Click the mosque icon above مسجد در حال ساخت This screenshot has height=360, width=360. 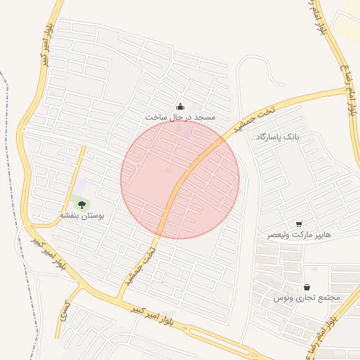(x=181, y=107)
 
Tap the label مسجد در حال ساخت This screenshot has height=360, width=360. (x=180, y=117)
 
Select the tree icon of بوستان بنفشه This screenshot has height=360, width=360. (x=82, y=205)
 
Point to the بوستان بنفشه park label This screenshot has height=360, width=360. (x=82, y=215)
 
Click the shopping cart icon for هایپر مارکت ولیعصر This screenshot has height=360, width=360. (x=300, y=223)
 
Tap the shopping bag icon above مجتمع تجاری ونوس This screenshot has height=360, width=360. (x=307, y=288)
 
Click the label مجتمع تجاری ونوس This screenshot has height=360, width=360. (x=307, y=298)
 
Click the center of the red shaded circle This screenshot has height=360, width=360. (x=180, y=179)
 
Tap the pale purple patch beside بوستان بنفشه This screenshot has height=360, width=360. (x=80, y=186)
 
